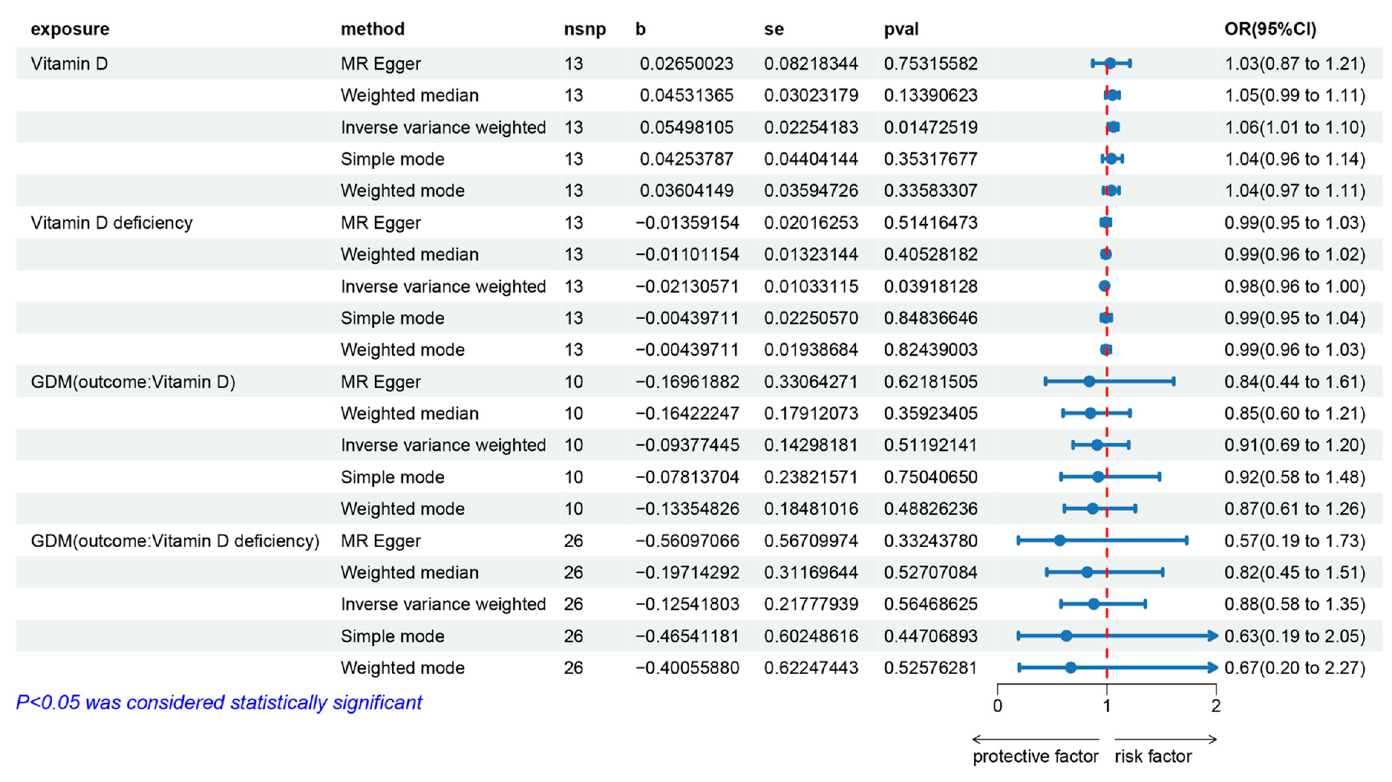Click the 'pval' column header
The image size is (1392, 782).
(901, 29)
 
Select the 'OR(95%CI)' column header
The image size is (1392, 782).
(1270, 29)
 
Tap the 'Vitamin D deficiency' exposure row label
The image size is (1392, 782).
(111, 223)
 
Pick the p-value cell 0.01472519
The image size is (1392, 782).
(931, 127)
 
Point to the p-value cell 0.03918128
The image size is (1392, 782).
(931, 286)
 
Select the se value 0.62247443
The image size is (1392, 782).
(811, 668)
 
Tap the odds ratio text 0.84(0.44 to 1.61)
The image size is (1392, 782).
(1295, 382)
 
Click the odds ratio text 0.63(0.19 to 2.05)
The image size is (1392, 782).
(1295, 636)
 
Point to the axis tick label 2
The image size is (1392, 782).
(1216, 706)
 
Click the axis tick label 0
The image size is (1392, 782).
(997, 706)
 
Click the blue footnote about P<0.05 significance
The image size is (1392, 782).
(219, 703)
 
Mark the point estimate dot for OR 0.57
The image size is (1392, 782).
(1060, 540)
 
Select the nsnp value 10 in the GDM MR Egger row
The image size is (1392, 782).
(574, 382)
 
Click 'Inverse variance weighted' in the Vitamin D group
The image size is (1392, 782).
(443, 127)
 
